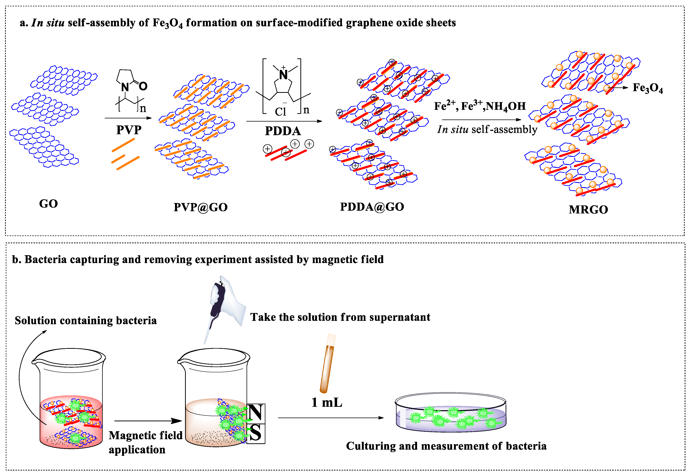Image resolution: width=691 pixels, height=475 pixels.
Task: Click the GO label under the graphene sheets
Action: click(x=48, y=204)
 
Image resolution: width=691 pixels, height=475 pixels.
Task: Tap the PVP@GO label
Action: click(x=201, y=207)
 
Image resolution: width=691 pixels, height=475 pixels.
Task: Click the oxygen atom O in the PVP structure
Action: click(x=143, y=86)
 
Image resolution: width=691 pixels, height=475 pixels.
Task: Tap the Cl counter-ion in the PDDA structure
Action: click(x=280, y=112)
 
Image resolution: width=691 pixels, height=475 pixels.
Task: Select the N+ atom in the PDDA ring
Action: click(x=283, y=74)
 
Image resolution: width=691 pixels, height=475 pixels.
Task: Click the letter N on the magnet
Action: click(x=255, y=413)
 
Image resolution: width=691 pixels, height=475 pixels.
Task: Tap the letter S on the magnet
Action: click(x=255, y=433)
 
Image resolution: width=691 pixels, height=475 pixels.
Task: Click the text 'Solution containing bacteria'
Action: click(x=86, y=320)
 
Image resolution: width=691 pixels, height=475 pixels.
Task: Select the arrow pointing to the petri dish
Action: click(x=330, y=418)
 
